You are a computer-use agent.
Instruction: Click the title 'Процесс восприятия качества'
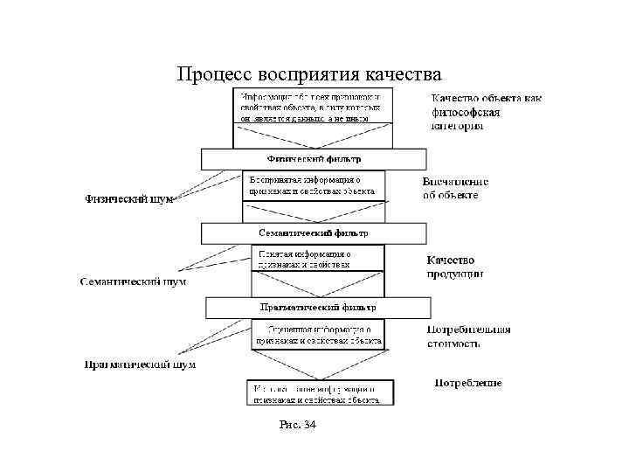click(309, 73)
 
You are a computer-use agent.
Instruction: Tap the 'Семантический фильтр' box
click(314, 233)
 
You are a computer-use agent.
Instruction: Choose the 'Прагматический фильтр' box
click(318, 308)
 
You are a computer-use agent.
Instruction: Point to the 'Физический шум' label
click(128, 199)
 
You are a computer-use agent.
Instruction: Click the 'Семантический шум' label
click(133, 282)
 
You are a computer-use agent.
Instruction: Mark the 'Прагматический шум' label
click(140, 364)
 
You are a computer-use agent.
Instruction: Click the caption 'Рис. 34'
click(297, 425)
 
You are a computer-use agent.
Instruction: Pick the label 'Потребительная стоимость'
click(468, 337)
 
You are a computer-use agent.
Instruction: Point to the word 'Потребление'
click(468, 383)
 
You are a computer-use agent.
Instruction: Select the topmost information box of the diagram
click(313, 105)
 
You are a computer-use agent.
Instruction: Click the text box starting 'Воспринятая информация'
click(312, 184)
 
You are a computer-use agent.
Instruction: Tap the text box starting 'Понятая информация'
click(317, 258)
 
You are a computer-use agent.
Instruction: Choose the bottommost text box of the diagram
click(319, 392)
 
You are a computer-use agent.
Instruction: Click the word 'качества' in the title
click(404, 73)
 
